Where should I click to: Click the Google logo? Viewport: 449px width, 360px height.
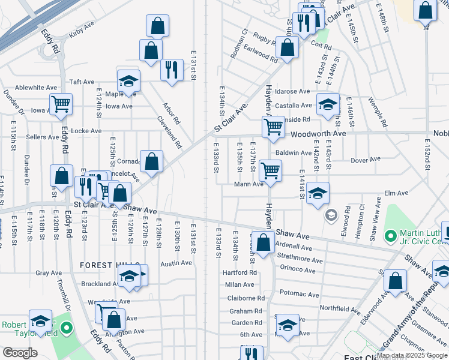[20, 353]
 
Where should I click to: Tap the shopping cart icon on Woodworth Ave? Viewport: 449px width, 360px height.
[273, 127]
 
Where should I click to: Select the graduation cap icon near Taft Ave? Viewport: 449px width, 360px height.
[128, 82]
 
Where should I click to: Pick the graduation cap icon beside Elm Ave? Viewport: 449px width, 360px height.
[318, 193]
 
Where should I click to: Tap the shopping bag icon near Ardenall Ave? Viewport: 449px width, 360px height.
[263, 242]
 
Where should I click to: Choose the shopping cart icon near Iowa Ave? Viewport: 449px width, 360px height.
[61, 104]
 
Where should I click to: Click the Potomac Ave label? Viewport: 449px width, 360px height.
[299, 295]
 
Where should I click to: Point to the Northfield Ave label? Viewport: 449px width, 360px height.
[339, 308]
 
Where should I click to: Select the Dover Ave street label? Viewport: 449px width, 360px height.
[366, 160]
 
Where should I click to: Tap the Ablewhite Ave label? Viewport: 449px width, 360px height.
[35, 88]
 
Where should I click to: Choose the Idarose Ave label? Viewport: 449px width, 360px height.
[293, 92]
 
